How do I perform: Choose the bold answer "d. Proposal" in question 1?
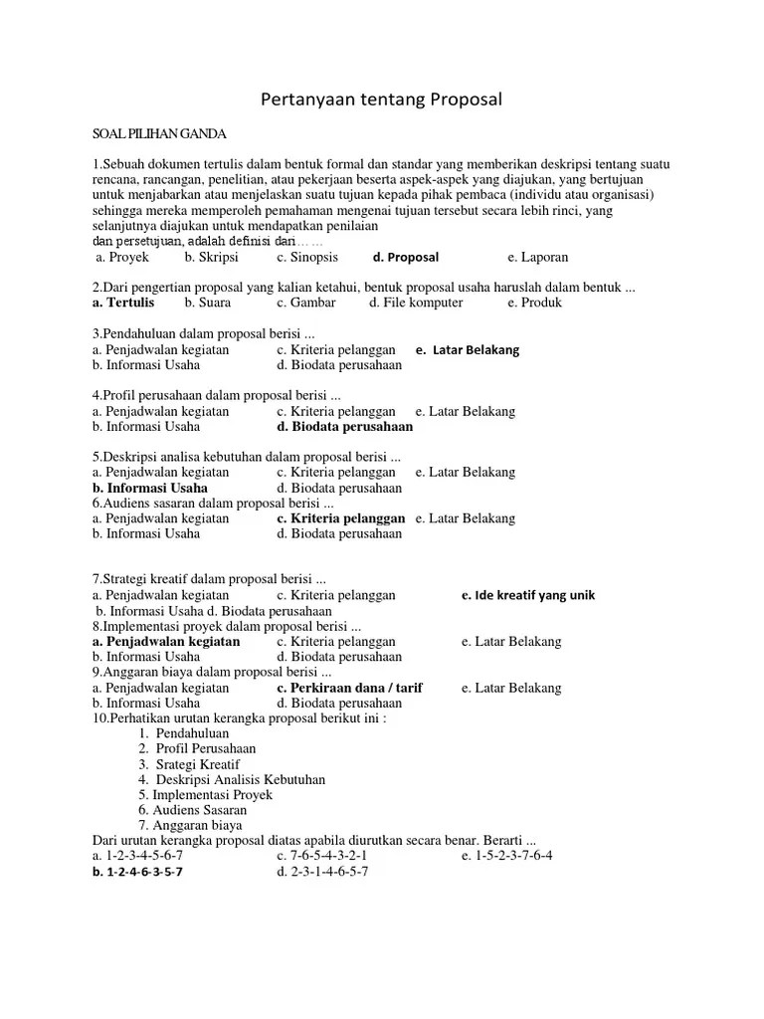click(405, 257)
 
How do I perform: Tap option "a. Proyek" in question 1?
click(122, 257)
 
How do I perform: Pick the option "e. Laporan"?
click(538, 257)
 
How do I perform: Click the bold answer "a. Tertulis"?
click(123, 303)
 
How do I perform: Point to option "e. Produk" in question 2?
click(534, 303)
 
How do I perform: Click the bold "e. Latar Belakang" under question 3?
click(468, 350)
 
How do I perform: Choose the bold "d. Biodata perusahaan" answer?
click(345, 427)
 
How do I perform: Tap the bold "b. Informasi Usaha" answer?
click(150, 488)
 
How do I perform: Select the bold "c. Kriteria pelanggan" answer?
click(341, 518)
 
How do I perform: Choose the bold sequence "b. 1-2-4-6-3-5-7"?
click(137, 872)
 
